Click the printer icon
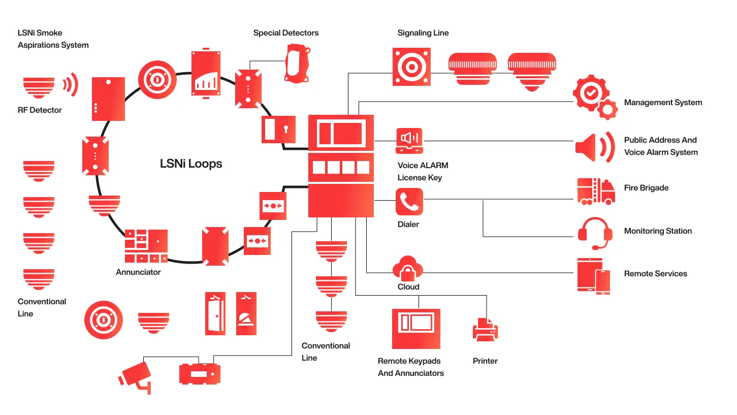(x=485, y=329)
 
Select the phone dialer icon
(x=409, y=201)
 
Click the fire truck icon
(x=595, y=191)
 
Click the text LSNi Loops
(x=191, y=164)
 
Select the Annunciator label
(x=138, y=272)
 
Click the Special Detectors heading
(x=286, y=33)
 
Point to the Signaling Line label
(x=423, y=33)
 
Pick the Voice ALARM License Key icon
(x=409, y=141)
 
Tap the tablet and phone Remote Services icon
(x=594, y=275)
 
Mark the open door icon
(x=215, y=313)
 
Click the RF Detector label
(x=40, y=110)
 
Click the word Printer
(x=485, y=361)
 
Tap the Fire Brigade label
(x=646, y=188)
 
